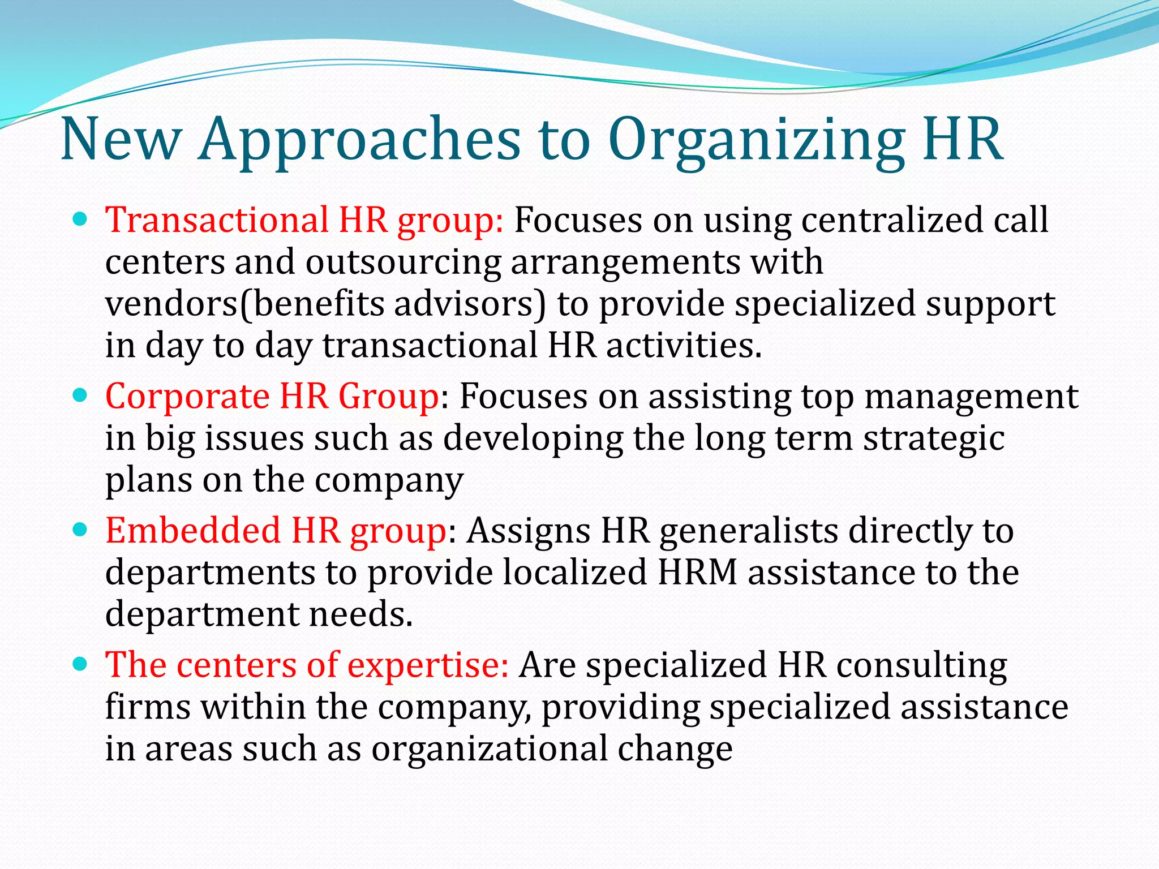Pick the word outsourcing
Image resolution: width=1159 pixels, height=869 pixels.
coord(403,262)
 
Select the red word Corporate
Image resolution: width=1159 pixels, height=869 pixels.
coord(187,396)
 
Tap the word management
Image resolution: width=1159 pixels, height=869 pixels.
coord(971,396)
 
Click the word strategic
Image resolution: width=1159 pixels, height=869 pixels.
coord(934,438)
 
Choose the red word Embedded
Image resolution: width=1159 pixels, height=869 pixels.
coord(193,531)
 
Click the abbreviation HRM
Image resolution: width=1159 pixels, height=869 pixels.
coord(697,573)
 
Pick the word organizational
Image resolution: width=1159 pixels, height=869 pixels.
coord(489,749)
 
